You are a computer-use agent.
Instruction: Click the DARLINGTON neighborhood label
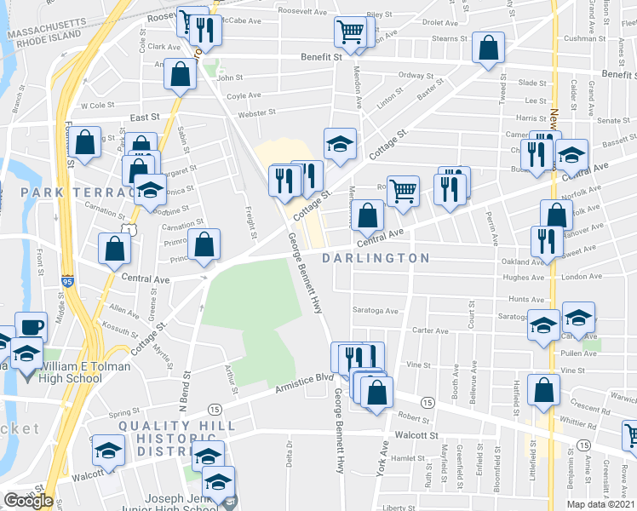[x=376, y=257]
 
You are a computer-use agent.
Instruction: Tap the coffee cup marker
[x=32, y=326]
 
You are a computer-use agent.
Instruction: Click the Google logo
[x=28, y=501]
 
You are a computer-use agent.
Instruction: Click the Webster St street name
[x=257, y=112]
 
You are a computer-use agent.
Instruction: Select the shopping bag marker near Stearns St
[x=489, y=50]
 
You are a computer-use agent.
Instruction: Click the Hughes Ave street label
[x=524, y=277]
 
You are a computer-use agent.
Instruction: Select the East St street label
[x=146, y=118]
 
